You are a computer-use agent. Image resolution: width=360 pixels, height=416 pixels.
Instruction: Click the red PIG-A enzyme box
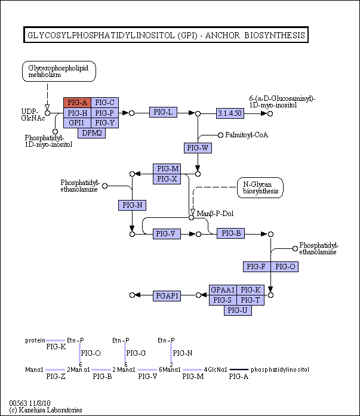pos(77,103)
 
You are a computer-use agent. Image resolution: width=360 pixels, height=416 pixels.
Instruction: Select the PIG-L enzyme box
pos(163,112)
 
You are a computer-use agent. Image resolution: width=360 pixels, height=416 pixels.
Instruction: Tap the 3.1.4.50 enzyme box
pos(230,113)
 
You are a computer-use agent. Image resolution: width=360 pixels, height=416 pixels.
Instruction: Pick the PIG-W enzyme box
pos(198,148)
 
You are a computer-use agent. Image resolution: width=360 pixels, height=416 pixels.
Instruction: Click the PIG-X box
pos(167,179)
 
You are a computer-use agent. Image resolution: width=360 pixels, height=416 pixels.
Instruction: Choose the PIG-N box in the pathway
pos(132,205)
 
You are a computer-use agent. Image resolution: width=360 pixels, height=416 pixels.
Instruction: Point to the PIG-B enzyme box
pos(231,233)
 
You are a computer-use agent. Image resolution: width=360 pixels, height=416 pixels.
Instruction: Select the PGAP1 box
pos(167,296)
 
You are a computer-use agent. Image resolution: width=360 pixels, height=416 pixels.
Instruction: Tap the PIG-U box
pos(238,310)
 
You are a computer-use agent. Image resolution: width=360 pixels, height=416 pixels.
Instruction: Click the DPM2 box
pos(92,133)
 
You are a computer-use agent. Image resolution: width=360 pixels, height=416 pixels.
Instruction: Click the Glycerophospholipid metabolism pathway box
pos(59,72)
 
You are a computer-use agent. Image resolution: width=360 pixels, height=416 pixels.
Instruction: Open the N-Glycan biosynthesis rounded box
pos(260,188)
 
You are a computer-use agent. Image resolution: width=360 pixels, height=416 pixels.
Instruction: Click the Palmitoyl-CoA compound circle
pos(220,135)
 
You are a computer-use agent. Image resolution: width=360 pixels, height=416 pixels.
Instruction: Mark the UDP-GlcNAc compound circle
pos(48,113)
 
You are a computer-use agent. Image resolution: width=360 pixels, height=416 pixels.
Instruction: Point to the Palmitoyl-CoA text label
pos(247,135)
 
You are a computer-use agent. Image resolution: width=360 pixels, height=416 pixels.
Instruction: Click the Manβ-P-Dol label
pos(215,214)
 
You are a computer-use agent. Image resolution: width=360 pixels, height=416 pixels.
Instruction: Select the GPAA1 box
pos(223,290)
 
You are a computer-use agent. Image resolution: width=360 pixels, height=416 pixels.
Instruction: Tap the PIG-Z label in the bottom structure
pos(56,377)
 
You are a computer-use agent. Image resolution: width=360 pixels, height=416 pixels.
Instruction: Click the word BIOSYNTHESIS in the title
pos(275,35)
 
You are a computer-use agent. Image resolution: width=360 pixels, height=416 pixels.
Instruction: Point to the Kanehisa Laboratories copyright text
pos(45,410)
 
